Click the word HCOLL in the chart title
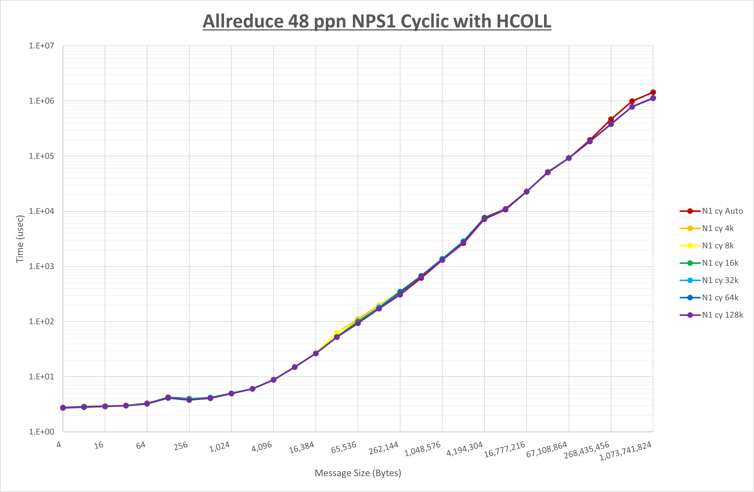[523, 21]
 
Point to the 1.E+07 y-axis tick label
[42, 46]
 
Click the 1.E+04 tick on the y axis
[42, 211]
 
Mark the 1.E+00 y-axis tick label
[42, 432]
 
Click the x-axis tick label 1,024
[220, 447]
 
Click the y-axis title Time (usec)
[20, 239]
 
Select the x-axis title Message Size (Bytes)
[358, 473]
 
